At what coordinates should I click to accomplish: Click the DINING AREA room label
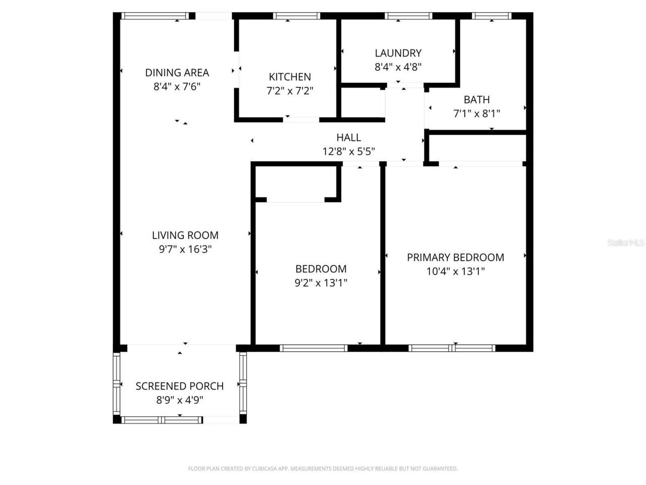coord(177,73)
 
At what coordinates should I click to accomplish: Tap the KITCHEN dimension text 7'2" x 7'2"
coord(290,91)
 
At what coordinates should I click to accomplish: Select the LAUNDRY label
coord(398,53)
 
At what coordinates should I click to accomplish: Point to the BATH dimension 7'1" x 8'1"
coord(476,114)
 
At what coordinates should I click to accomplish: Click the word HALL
coord(348,137)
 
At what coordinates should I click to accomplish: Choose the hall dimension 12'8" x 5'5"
coord(348,152)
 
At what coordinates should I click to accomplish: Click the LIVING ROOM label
coord(185,235)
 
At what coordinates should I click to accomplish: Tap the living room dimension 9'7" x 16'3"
coord(185,249)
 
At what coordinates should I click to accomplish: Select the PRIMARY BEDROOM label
coord(455,257)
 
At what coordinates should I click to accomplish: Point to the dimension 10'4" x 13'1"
coord(455,271)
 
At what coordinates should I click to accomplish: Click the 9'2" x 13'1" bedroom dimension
coord(320,283)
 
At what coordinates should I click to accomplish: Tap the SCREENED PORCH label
coord(179,386)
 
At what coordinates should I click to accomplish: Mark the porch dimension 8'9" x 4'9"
coord(179,400)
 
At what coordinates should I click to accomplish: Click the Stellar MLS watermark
coord(626,243)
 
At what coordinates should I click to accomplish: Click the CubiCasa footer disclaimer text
coord(322,469)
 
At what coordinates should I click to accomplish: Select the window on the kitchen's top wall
coord(296,16)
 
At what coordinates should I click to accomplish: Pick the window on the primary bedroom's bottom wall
coord(452,348)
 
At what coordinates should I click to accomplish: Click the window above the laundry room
coord(408,16)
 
